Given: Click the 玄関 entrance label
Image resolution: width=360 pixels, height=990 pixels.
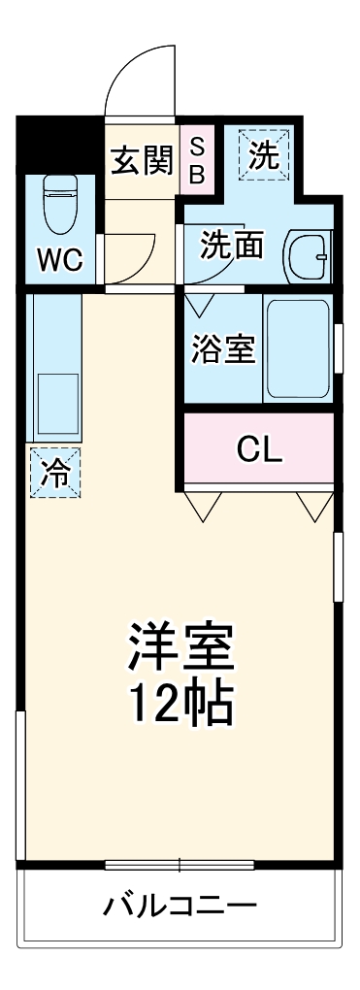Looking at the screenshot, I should (141, 160).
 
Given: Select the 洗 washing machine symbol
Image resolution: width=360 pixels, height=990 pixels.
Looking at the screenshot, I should (264, 156).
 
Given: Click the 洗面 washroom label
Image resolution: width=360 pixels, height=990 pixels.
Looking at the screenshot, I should (232, 245).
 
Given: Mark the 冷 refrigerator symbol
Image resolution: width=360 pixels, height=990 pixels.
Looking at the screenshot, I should (55, 473).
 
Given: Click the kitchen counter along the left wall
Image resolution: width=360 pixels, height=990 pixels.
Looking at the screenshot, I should (54, 369).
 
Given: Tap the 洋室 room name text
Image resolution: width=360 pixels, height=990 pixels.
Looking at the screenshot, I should (182, 648).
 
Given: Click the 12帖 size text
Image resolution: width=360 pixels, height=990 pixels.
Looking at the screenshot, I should (182, 708).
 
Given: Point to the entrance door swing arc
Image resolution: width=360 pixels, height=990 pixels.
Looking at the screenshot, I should (136, 73).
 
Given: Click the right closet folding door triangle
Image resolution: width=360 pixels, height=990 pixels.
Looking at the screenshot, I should (313, 506).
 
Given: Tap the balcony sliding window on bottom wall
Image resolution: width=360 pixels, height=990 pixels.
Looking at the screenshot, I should (180, 864).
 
